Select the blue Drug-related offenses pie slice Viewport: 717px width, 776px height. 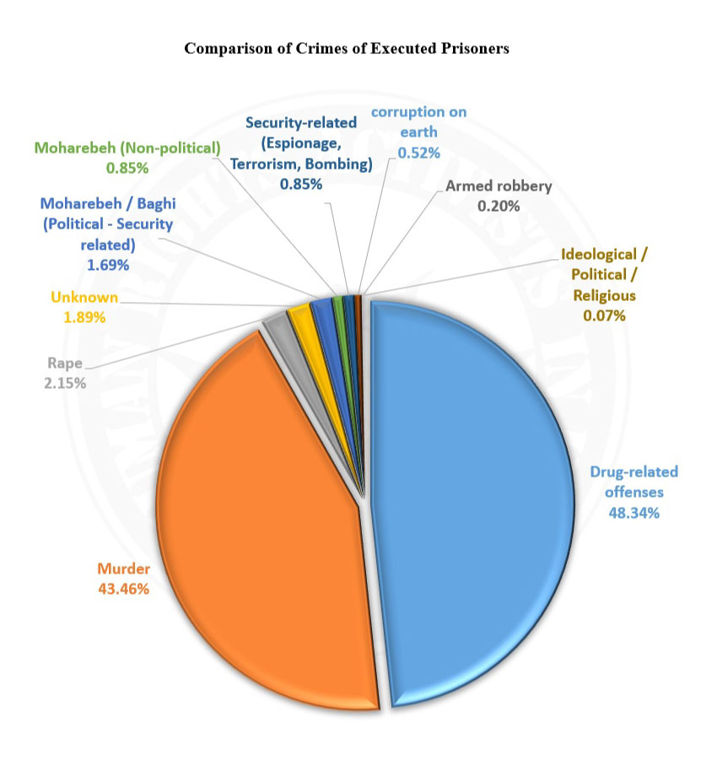(472, 506)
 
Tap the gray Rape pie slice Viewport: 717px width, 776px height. (275, 324)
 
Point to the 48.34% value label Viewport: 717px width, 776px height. (633, 513)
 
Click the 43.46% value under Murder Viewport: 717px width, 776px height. (123, 589)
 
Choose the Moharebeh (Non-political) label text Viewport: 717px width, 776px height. (127, 147)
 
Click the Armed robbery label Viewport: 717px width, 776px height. (499, 186)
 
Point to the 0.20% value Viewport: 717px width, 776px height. (499, 205)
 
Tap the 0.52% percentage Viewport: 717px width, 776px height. (418, 152)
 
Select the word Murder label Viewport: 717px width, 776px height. (123, 569)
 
